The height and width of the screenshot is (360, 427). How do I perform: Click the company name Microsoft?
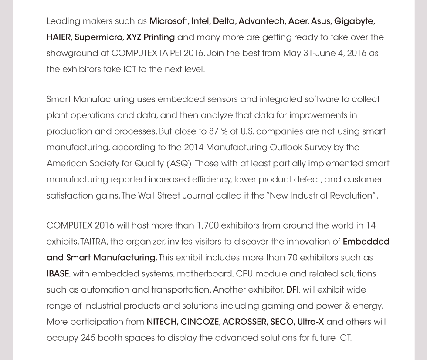click(x=168, y=21)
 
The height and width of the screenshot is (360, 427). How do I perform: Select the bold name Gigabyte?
click(x=354, y=21)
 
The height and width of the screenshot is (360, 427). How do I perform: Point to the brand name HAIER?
click(x=59, y=37)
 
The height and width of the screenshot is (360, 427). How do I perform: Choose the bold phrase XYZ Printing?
click(x=153, y=37)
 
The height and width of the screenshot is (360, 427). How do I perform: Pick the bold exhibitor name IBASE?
click(x=58, y=274)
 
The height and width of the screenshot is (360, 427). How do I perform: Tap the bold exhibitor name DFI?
click(x=292, y=290)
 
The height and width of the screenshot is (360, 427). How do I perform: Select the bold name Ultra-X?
click(x=310, y=322)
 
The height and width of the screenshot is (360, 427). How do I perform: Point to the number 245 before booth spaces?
click(x=88, y=338)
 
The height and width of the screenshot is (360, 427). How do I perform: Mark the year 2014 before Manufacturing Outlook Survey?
click(x=193, y=147)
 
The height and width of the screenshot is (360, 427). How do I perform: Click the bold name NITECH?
click(x=161, y=322)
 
